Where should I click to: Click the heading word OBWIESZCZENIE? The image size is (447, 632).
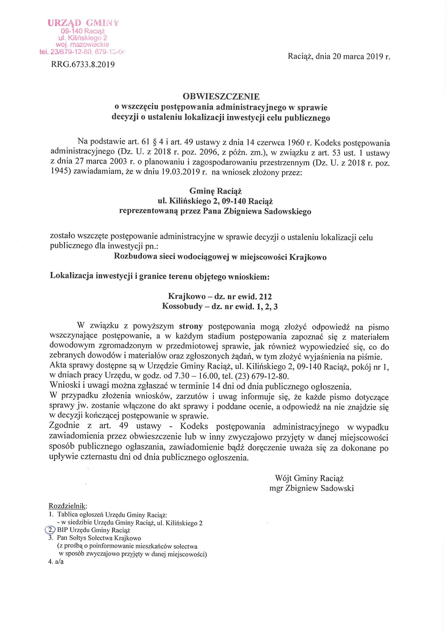coord(221,96)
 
